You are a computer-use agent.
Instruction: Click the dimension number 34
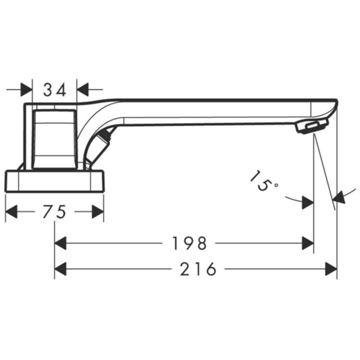point(54,90)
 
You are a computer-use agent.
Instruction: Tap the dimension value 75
point(54,211)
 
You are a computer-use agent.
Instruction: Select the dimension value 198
point(189,243)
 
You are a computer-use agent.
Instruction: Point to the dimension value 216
point(198,269)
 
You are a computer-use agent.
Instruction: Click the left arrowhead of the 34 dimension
point(27,90)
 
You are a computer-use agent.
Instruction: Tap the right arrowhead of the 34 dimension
point(83,90)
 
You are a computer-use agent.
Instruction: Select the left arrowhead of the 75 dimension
point(11,211)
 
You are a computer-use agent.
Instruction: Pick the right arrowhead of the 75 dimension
point(98,211)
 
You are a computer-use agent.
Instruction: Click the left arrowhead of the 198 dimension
point(60,243)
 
